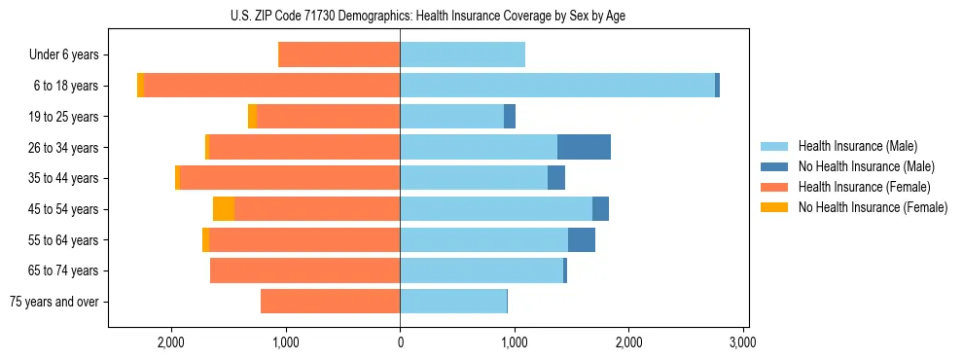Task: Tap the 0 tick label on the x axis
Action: click(x=400, y=342)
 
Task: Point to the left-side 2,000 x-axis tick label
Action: click(x=171, y=342)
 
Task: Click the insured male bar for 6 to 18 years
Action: click(x=557, y=86)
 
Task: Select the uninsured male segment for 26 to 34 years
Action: click(x=584, y=147)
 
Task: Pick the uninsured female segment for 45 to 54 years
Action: click(x=224, y=209)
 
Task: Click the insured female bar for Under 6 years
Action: click(x=339, y=55)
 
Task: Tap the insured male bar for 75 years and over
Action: click(x=453, y=302)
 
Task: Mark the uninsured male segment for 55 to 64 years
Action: click(x=582, y=239)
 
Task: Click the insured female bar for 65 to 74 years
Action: click(x=305, y=270)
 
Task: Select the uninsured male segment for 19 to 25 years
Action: click(x=510, y=117)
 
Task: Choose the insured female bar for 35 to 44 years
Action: click(x=290, y=178)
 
